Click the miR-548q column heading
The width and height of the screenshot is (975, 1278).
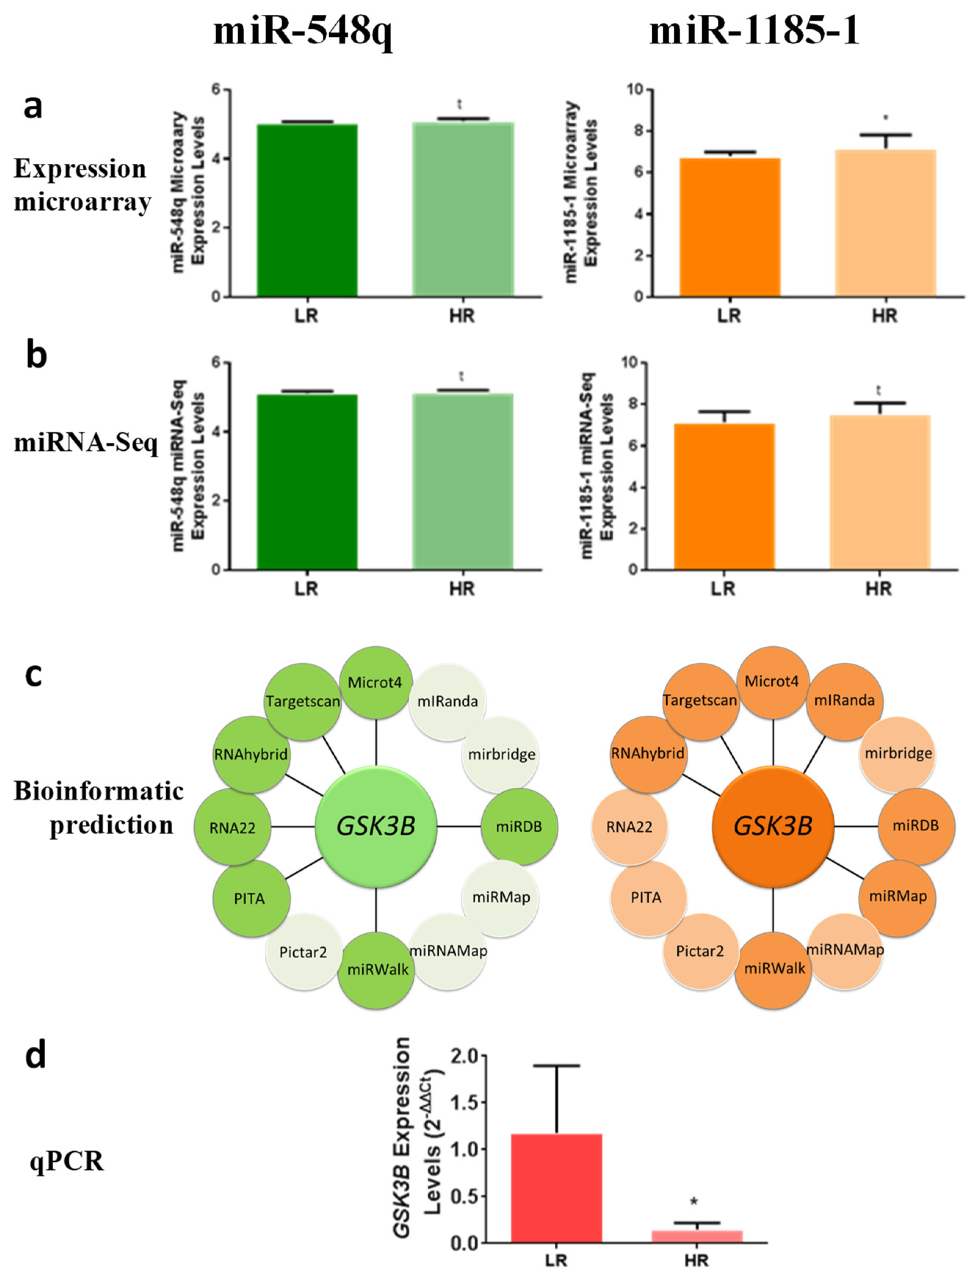click(x=302, y=32)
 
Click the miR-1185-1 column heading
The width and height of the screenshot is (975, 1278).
click(x=754, y=32)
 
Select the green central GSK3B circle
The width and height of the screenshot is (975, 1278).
click(x=376, y=826)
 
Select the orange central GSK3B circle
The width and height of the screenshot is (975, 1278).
click(x=773, y=826)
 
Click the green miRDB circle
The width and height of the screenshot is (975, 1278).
click(x=519, y=826)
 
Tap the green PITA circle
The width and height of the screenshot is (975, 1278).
click(x=250, y=898)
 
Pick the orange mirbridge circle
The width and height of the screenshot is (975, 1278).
click(x=898, y=754)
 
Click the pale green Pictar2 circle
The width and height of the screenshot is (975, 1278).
click(x=303, y=952)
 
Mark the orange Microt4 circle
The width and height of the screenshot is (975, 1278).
click(x=772, y=682)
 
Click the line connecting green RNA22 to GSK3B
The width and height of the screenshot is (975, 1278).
click(x=293, y=826)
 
